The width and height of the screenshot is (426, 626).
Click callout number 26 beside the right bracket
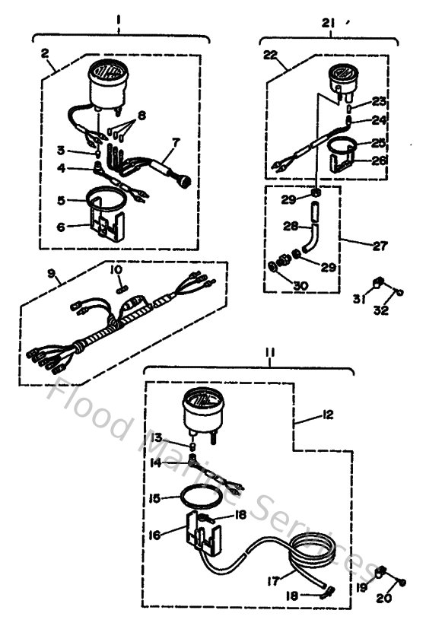(378, 160)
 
